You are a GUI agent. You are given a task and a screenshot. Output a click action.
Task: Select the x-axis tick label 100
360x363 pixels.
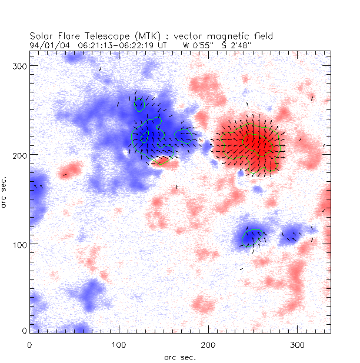119,344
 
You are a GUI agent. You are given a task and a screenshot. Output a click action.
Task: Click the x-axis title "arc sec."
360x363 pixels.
180,357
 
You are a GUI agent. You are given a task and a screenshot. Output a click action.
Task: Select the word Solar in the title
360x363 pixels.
41,36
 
